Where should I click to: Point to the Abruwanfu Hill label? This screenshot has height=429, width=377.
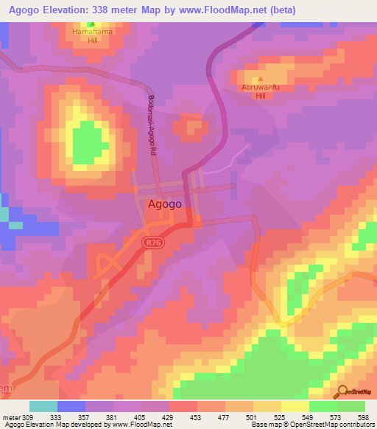pyautogui.click(x=258, y=90)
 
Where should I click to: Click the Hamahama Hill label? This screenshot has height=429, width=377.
pyautogui.click(x=102, y=35)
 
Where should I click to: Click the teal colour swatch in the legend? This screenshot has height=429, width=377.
pyautogui.click(x=43, y=406)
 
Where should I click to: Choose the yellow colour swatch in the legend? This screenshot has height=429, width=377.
pyautogui.click(x=295, y=406)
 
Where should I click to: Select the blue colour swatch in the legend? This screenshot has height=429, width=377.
pyautogui.click(x=71, y=406)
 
